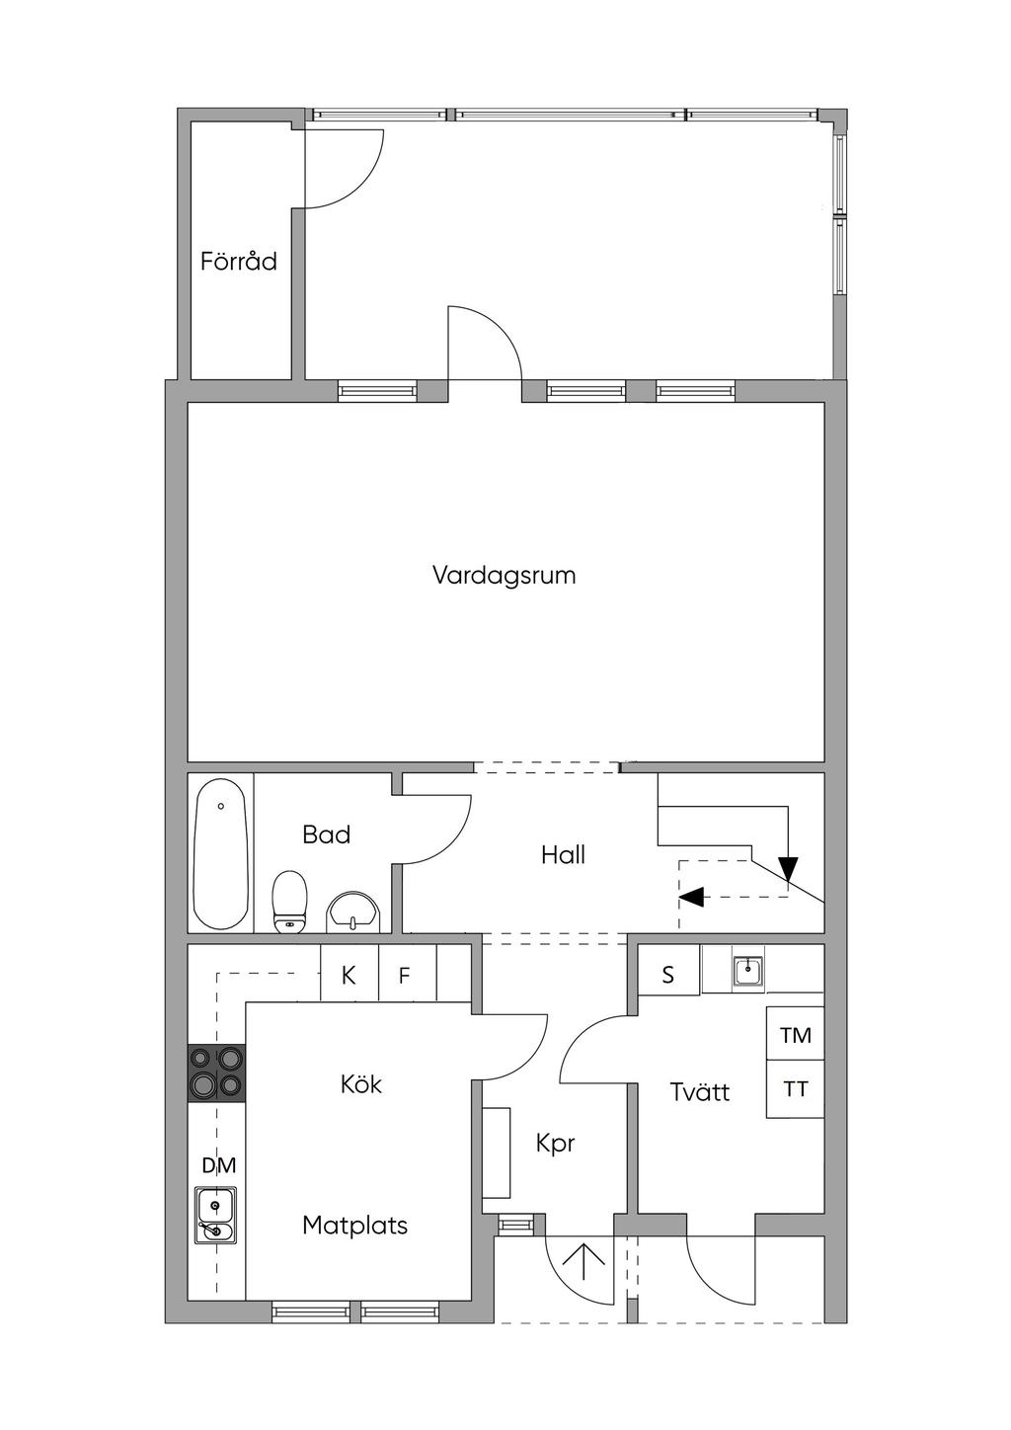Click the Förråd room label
[239, 261]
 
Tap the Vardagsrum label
[505, 575]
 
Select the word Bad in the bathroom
[326, 835]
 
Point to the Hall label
[563, 855]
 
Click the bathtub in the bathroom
[221, 853]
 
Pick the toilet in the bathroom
[289, 903]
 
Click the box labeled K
[350, 975]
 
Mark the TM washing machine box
[795, 1034]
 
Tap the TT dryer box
[795, 1089]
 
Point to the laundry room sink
[747, 972]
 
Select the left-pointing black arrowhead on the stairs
[691, 897]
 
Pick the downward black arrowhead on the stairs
[789, 867]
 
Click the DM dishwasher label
[219, 1165]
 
